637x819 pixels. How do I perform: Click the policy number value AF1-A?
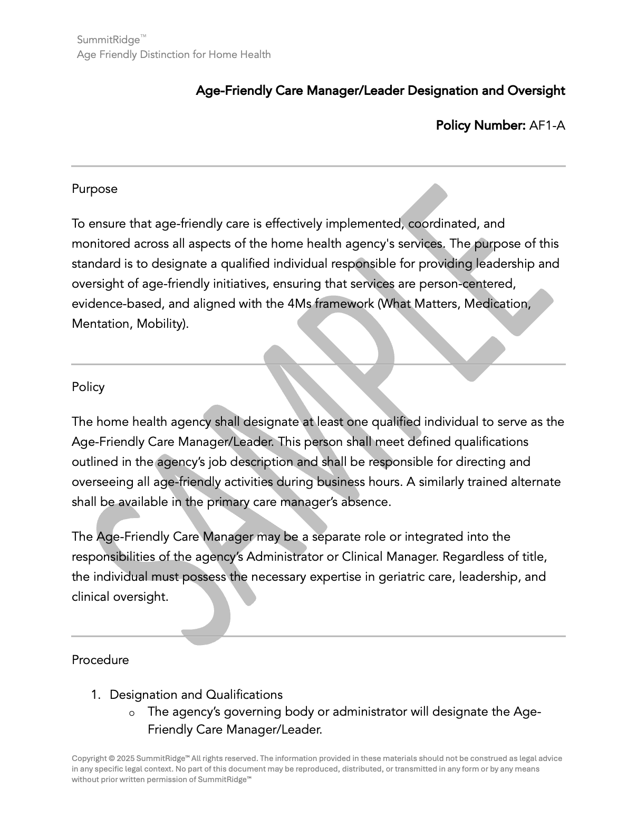pyautogui.click(x=547, y=125)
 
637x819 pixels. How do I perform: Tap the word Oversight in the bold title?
pyautogui.click(x=536, y=91)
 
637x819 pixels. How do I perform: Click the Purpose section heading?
pyautogui.click(x=94, y=189)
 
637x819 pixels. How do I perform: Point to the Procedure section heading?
pyautogui.click(x=100, y=660)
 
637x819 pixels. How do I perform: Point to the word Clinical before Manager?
pyautogui.click(x=362, y=557)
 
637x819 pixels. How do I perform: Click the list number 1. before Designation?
pyautogui.click(x=95, y=695)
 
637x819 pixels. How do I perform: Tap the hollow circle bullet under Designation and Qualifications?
pyautogui.click(x=132, y=713)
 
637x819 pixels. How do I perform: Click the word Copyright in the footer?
pyautogui.click(x=89, y=758)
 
